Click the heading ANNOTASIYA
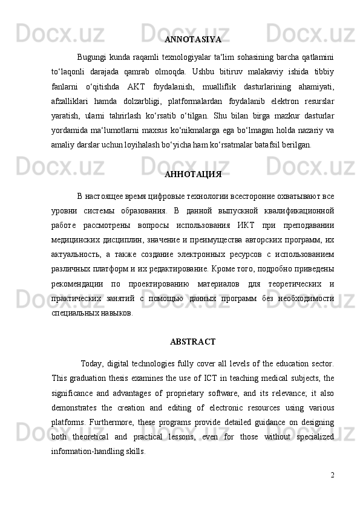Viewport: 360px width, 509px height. coord(192,40)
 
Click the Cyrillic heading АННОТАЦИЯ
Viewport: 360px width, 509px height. coord(192,175)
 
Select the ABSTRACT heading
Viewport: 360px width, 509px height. coord(192,342)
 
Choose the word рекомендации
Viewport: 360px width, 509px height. coord(80,284)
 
